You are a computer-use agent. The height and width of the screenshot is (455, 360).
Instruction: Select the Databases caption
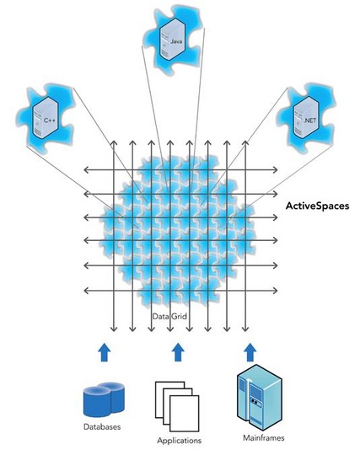pos(103,428)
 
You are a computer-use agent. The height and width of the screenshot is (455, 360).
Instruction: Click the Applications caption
pos(179,440)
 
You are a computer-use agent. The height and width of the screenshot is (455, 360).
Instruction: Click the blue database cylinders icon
pos(103,399)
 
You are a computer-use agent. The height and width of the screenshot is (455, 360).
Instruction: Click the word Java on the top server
pos(176,40)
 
